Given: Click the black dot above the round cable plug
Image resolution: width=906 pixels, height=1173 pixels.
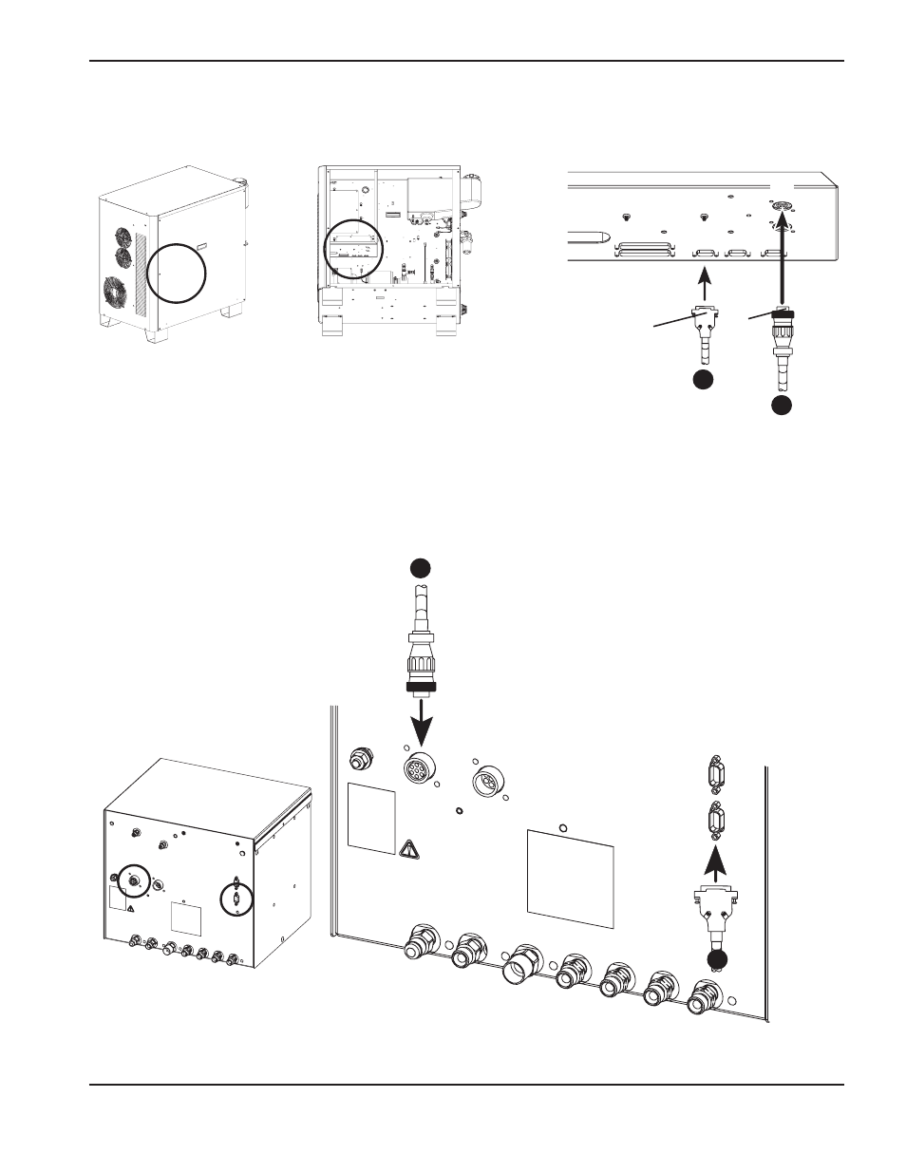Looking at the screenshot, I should coord(421,567).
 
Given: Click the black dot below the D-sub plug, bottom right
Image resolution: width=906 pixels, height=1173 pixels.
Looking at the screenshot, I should coord(717,959).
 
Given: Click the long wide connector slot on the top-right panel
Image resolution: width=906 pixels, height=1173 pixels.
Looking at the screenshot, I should coord(645,254).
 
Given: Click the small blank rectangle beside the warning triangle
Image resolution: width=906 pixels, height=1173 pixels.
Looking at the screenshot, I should coord(371,818).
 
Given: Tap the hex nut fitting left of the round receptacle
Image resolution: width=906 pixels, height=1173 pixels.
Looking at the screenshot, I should coord(361,758).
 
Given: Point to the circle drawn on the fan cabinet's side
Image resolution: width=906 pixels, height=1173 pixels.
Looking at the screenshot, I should coord(177,272).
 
